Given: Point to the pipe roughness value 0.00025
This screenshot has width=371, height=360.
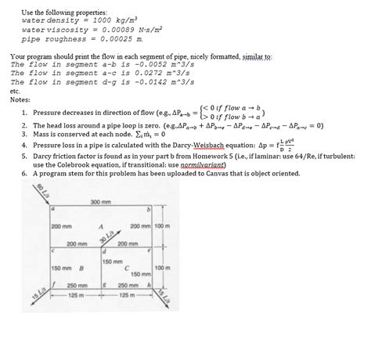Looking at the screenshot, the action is (123, 38).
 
